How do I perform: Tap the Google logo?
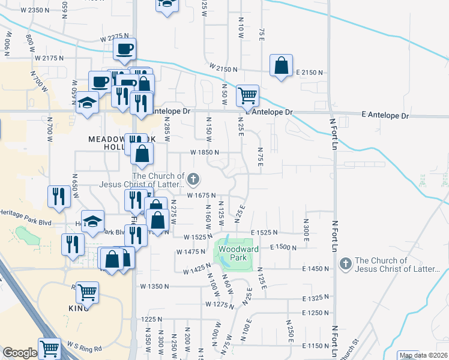click(20, 353)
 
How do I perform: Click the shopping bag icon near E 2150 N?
click(280, 65)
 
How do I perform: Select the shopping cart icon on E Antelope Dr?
click(247, 95)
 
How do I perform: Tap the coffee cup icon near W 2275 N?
click(124, 49)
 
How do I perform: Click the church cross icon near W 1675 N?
click(193, 178)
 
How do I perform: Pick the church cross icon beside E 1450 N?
click(345, 263)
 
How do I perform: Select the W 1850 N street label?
click(205, 152)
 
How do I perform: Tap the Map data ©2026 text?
click(423, 355)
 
